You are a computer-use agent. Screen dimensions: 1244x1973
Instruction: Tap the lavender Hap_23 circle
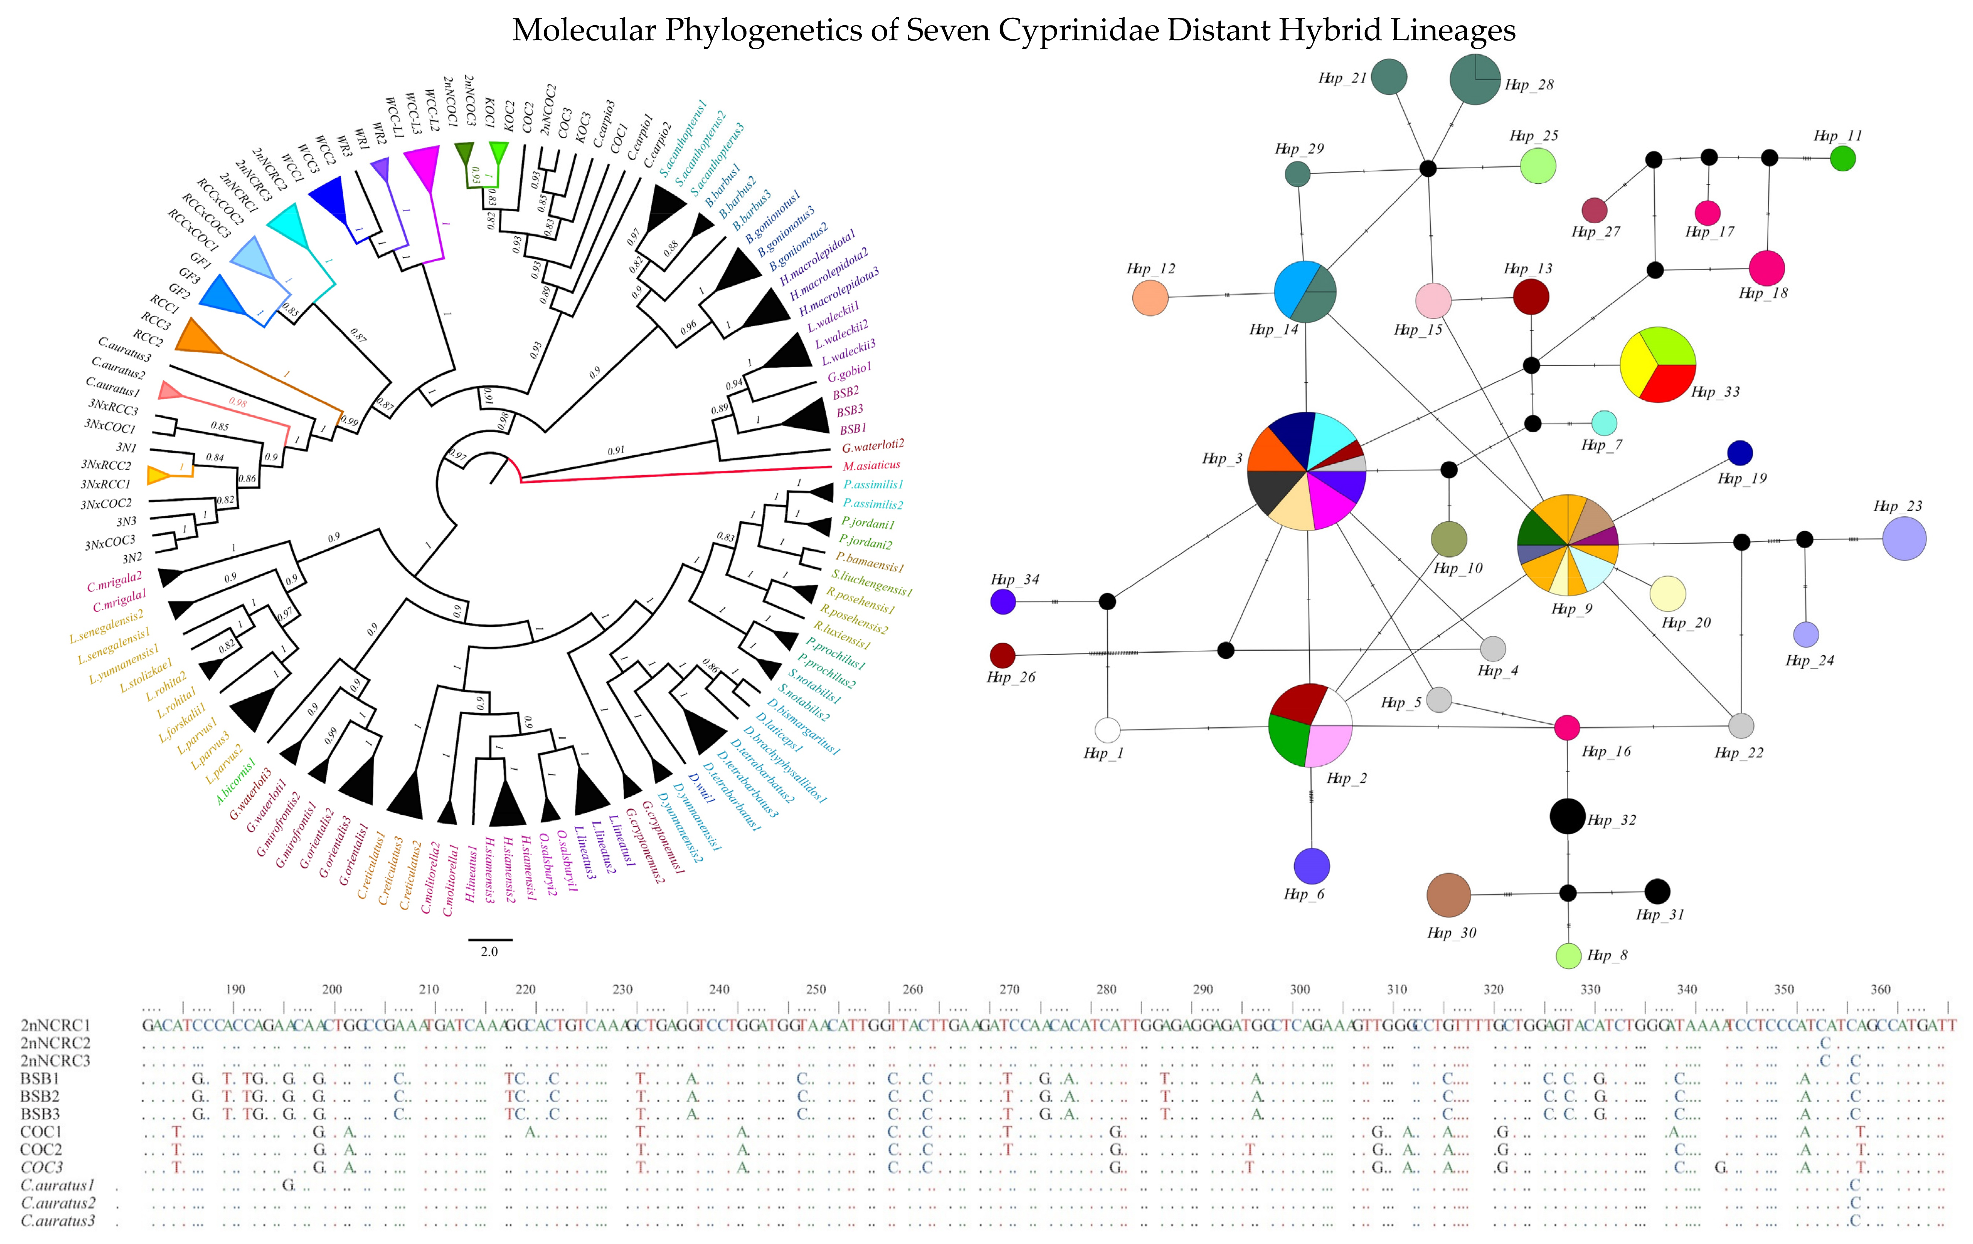click(x=1904, y=539)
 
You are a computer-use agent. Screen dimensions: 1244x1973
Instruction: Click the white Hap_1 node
click(x=1107, y=730)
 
